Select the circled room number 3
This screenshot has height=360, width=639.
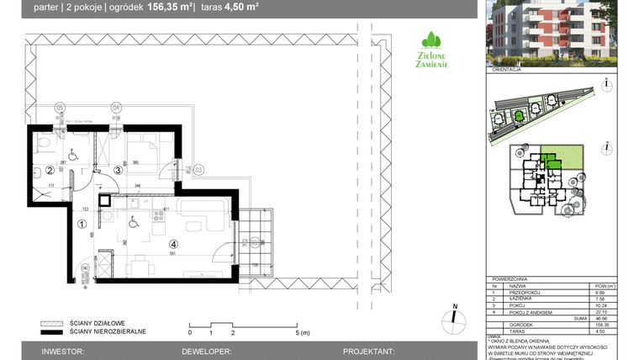coord(119,170)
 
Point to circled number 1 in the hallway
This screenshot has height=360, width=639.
coord(82,225)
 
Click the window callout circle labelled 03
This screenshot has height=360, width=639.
coord(199,170)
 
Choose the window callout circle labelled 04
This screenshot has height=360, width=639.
coord(116,108)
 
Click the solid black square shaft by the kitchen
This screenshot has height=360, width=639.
coord(104,199)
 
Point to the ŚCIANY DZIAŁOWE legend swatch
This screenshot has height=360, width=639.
coord(51,323)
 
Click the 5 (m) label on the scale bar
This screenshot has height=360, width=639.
coord(303,333)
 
